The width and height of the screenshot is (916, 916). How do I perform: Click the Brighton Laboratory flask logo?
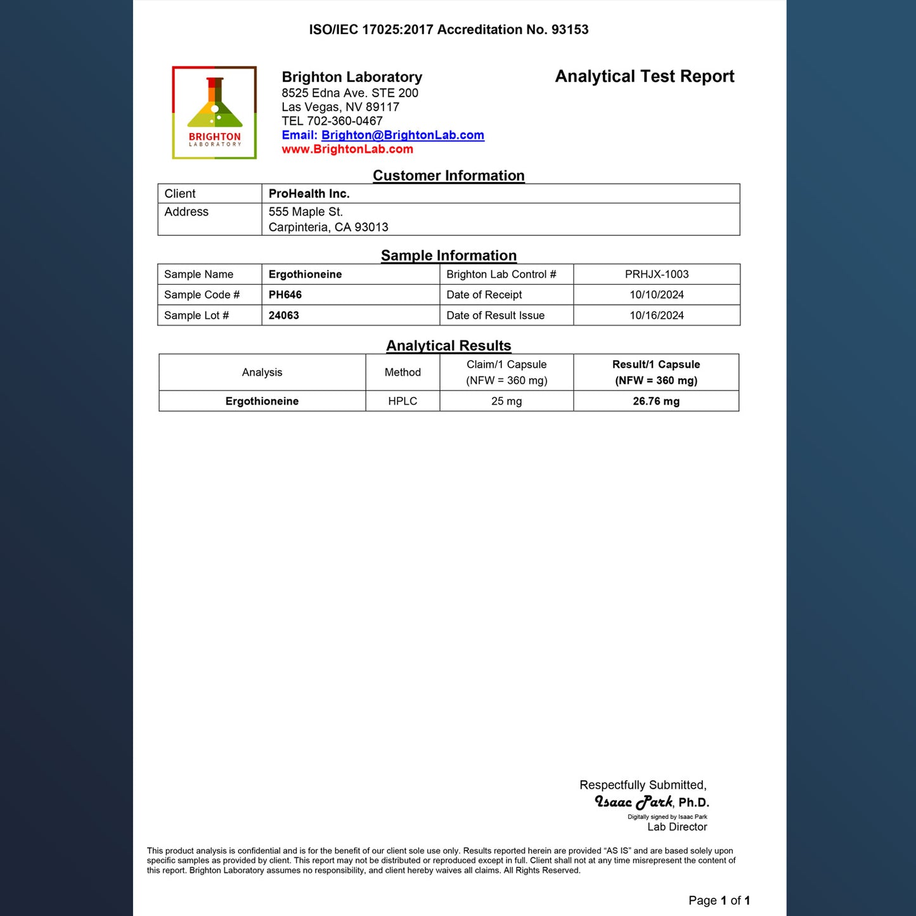tap(214, 112)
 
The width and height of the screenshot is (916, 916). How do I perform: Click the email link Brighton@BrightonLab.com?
tap(403, 135)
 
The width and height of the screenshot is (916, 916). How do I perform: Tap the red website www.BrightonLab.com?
tap(347, 150)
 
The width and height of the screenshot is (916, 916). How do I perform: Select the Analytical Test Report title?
tap(644, 77)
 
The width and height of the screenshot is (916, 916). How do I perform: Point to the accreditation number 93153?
tap(570, 30)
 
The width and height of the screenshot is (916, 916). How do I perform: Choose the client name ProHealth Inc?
tap(309, 194)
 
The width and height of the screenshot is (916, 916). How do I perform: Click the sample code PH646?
tap(285, 295)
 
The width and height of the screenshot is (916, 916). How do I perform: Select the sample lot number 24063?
tap(283, 316)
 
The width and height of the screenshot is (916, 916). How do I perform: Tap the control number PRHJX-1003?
tap(656, 274)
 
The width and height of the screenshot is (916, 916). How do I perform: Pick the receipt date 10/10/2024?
tap(656, 295)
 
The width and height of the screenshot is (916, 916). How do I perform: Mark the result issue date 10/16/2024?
tap(656, 316)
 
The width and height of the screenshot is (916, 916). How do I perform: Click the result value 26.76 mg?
tap(655, 401)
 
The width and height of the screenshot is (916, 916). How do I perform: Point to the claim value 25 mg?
tap(506, 401)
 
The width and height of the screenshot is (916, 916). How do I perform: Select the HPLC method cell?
tap(403, 401)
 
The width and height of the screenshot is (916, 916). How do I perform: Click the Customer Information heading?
tap(448, 176)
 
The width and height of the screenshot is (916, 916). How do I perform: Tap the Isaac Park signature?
tap(633, 803)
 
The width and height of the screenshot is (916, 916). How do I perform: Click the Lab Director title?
tap(676, 827)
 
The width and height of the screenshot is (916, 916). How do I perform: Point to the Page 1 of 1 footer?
tap(719, 901)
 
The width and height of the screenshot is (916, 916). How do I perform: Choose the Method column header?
tap(403, 373)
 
